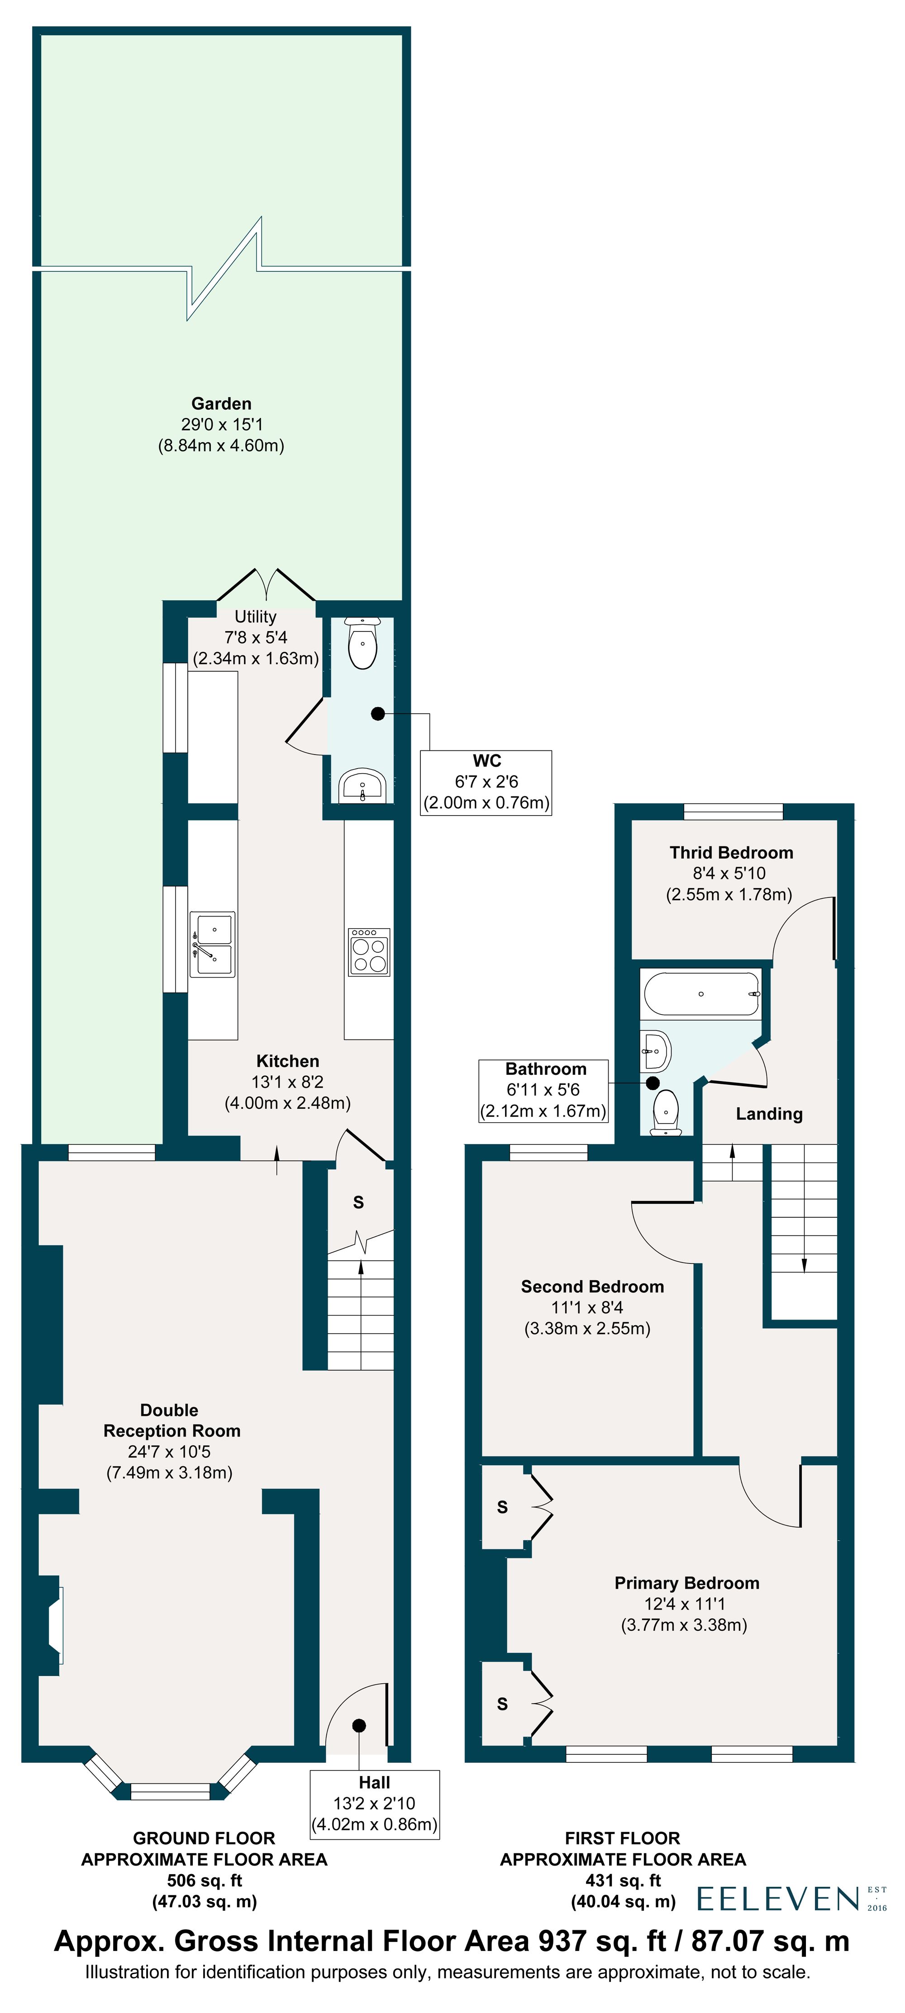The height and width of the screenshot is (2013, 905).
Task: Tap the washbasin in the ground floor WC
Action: point(362,785)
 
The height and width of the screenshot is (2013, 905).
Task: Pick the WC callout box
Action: point(486,782)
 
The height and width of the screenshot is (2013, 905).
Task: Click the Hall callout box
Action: point(374,1804)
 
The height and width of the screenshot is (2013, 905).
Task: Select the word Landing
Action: point(769,1114)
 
